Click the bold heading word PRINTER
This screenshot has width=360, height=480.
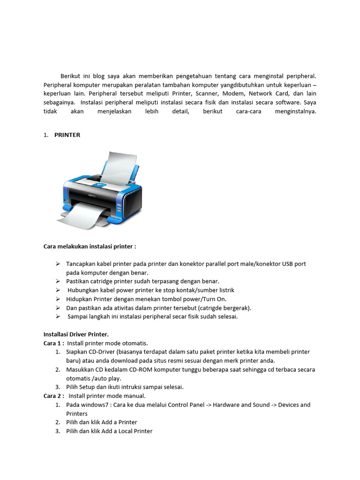67,135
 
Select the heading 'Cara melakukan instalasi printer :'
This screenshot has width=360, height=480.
90,246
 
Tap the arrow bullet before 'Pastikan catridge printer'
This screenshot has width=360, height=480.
57,281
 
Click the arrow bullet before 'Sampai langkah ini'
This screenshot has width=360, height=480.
57,316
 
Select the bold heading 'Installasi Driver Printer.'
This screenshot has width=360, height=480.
76,334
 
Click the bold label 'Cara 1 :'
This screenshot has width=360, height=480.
53,343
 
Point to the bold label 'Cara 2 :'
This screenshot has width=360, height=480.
53,396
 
